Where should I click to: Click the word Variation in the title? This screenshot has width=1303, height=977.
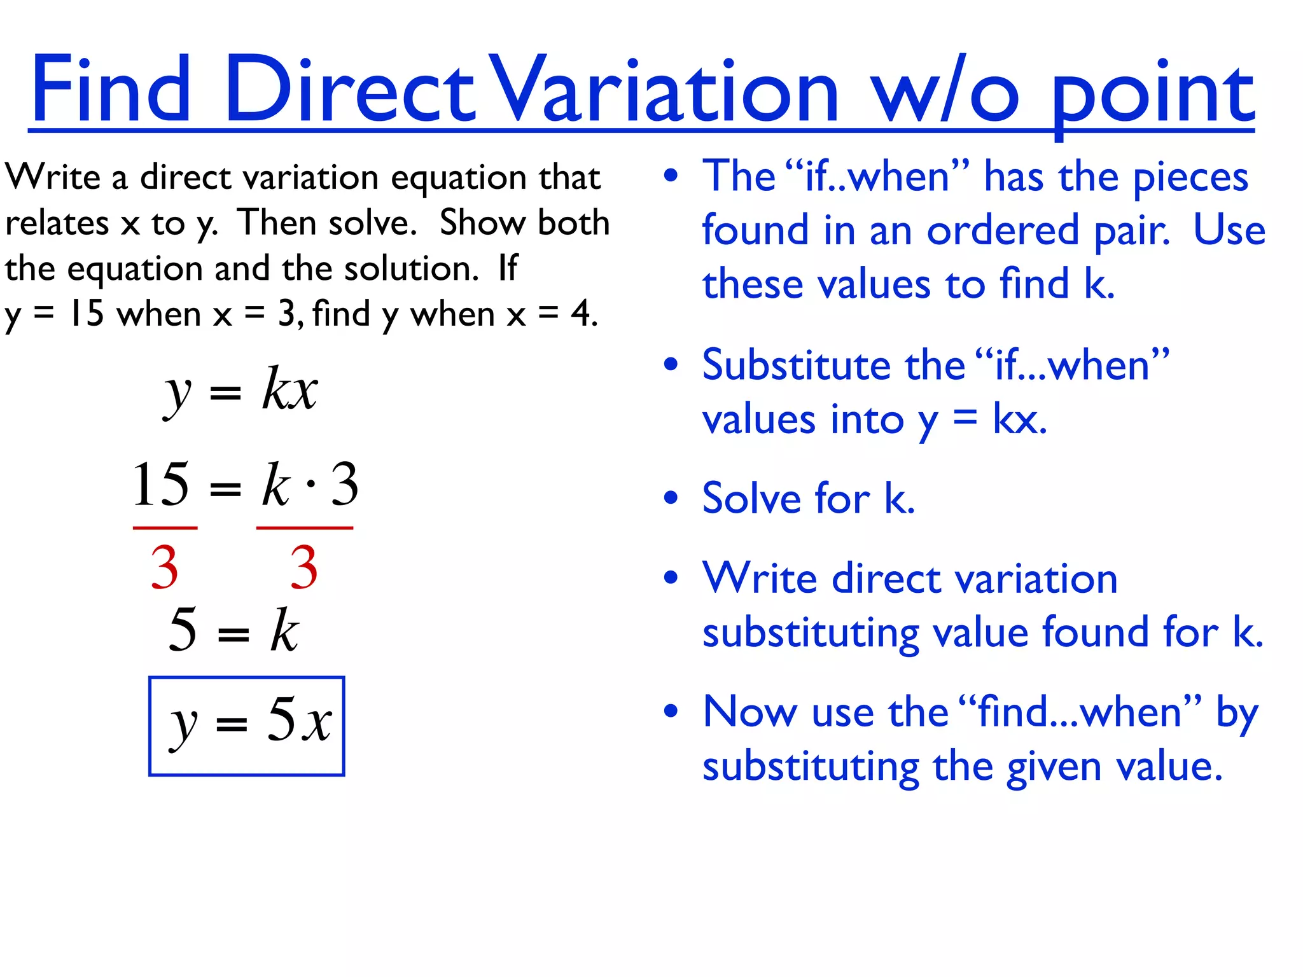click(665, 89)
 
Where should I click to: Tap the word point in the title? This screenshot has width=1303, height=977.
click(1152, 95)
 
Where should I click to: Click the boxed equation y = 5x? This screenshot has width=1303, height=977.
click(247, 726)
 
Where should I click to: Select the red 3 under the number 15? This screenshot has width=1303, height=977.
click(164, 567)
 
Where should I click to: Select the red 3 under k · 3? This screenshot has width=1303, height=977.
click(303, 567)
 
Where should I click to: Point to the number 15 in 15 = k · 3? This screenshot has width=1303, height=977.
click(160, 485)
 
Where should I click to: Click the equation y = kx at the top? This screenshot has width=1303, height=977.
click(240, 389)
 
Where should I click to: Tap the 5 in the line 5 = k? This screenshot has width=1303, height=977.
click(183, 630)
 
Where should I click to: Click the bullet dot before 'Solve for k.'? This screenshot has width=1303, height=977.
click(671, 498)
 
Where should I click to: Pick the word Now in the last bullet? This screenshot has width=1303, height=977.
click(749, 712)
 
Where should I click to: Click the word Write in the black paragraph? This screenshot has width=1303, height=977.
click(52, 177)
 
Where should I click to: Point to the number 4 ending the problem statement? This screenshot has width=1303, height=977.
click(580, 314)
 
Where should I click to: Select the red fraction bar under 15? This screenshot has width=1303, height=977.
click(165, 528)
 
